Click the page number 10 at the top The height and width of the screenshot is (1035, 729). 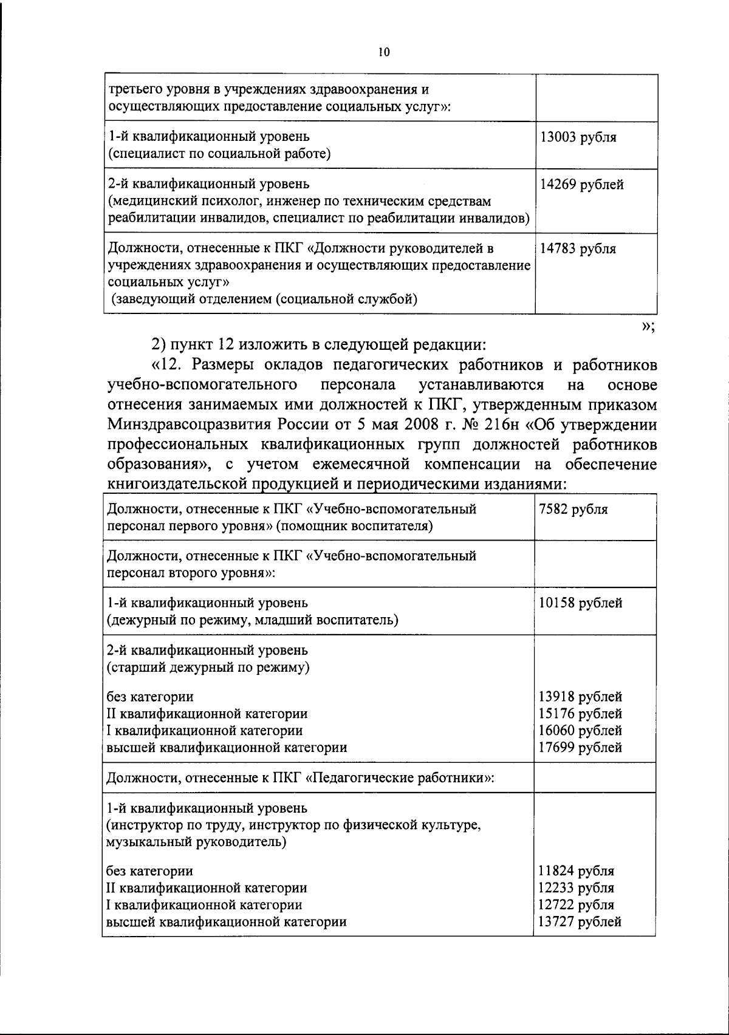383,52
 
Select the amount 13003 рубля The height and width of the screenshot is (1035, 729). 578,137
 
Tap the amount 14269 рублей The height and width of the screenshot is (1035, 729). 581,184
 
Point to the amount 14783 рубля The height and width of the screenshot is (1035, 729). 578,248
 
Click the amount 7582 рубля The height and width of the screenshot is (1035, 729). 573,510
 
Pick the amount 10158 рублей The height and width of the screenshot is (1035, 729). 580,603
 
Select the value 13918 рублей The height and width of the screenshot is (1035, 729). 580,697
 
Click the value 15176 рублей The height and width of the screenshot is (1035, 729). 580,714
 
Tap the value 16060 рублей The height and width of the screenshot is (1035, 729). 580,730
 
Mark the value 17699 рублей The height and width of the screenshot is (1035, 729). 580,747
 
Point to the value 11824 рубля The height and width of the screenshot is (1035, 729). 577,871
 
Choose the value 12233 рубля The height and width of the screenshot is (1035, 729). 577,888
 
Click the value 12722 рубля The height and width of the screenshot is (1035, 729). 577,904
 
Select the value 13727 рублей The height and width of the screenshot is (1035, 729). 580,921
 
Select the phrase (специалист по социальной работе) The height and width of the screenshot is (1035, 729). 219,154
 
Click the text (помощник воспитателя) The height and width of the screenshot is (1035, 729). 354,526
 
